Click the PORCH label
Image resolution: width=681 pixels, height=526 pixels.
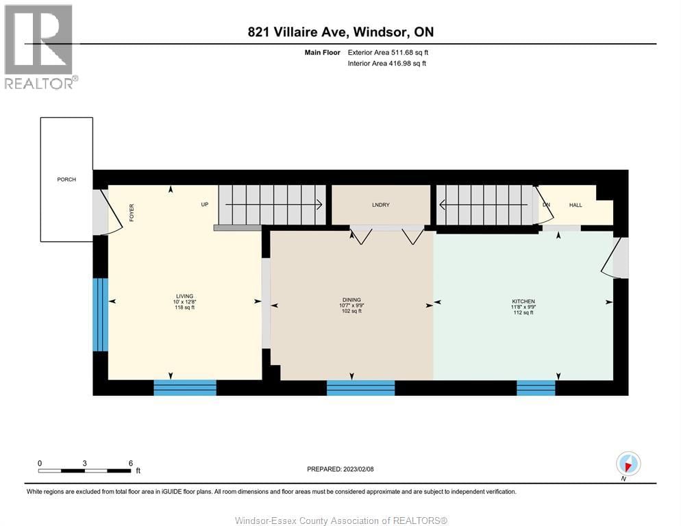66,179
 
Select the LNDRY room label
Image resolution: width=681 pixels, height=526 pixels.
381,205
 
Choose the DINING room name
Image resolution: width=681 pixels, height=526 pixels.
351,300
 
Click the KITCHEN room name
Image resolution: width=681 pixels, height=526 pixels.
523,301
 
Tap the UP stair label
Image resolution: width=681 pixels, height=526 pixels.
204,204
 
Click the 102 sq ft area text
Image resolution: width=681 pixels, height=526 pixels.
351,311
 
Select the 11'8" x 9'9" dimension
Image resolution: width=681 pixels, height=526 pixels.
523,307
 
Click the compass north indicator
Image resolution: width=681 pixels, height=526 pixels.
628,464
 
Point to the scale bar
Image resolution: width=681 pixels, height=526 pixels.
84,471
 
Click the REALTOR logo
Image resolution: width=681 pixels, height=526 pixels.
39,47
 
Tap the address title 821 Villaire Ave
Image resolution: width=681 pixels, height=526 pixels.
340,32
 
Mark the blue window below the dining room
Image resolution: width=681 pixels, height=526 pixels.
360,388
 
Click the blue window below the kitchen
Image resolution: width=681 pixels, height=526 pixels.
536,388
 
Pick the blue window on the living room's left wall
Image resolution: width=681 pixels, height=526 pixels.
101,314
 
